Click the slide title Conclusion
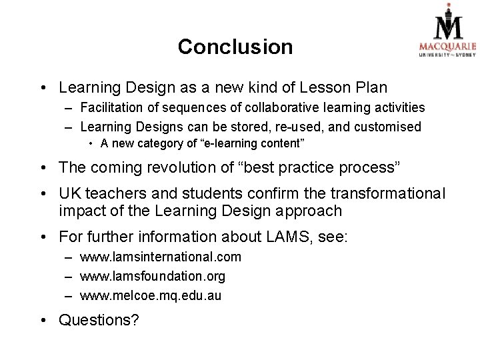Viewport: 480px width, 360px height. tap(235, 47)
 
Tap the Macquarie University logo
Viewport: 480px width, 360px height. tap(447, 33)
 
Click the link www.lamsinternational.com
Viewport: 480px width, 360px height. tap(161, 257)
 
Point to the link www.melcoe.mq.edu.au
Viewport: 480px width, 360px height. tap(150, 295)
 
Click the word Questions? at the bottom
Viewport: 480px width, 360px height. tap(99, 321)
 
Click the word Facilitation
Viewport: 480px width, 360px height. tap(109, 107)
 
